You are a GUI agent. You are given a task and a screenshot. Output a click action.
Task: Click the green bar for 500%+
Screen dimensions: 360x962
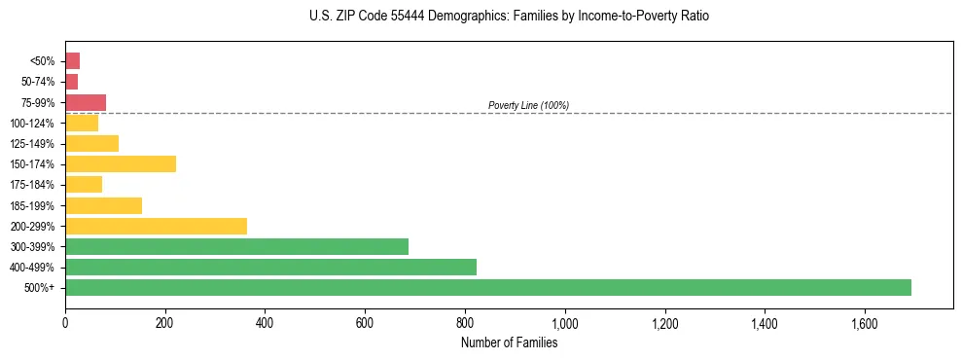487,287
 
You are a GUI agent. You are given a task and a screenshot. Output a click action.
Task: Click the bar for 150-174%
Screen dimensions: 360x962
121,163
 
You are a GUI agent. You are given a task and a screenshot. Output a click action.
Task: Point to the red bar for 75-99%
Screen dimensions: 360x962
86,102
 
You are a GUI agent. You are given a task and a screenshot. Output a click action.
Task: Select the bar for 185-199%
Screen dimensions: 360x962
103,205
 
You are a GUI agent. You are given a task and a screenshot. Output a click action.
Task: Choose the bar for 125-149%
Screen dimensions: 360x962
91,143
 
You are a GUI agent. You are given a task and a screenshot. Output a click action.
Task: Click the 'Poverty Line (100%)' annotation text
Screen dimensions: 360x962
528,105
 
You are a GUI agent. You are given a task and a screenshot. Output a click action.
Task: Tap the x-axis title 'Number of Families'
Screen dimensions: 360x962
509,342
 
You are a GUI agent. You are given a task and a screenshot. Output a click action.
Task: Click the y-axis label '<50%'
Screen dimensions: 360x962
43,61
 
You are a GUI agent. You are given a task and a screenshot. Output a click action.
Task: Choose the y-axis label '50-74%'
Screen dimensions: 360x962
38,82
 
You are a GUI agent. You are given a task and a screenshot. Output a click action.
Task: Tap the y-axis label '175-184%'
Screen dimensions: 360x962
34,185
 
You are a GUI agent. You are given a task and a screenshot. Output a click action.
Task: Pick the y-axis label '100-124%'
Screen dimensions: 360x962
34,123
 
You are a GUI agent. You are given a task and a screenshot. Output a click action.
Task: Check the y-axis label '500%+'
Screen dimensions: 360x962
40,288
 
